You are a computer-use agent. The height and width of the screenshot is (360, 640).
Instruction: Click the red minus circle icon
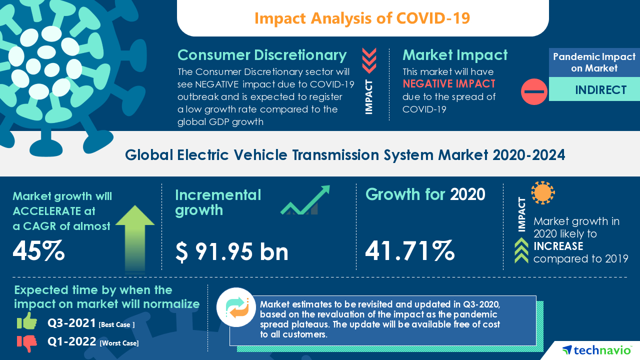point(534,91)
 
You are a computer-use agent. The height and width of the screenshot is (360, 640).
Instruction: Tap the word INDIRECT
point(594,90)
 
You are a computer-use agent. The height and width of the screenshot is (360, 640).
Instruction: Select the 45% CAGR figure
point(38,251)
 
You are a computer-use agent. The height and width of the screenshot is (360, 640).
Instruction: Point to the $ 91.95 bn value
point(232,251)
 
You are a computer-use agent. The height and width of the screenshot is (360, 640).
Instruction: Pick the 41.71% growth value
point(409,250)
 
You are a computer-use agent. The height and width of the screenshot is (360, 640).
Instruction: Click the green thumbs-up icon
point(27,321)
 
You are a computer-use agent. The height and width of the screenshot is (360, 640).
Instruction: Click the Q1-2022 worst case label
point(93,342)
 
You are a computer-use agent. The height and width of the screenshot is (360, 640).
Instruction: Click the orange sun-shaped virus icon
point(543,192)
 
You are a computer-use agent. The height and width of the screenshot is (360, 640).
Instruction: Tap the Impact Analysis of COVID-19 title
point(362,18)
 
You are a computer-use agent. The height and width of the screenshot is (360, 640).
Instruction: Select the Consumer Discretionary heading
point(262,54)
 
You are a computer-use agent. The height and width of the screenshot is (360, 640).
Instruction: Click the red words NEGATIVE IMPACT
point(449,83)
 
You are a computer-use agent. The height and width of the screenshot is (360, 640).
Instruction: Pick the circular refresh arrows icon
point(236,307)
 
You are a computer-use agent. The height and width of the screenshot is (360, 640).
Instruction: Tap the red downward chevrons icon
point(369,60)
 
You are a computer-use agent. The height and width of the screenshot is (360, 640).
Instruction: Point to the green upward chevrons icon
point(521,250)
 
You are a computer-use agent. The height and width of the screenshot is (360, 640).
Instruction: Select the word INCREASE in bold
point(558,246)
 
